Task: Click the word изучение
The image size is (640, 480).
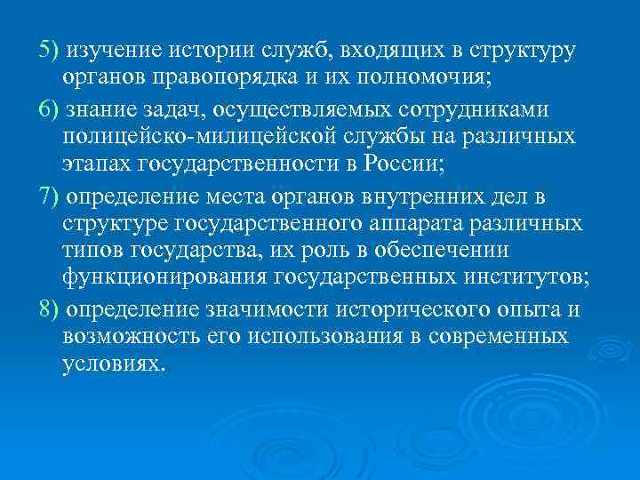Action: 109,50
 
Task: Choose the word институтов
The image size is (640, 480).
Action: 521,280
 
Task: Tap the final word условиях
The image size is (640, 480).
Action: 114,365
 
